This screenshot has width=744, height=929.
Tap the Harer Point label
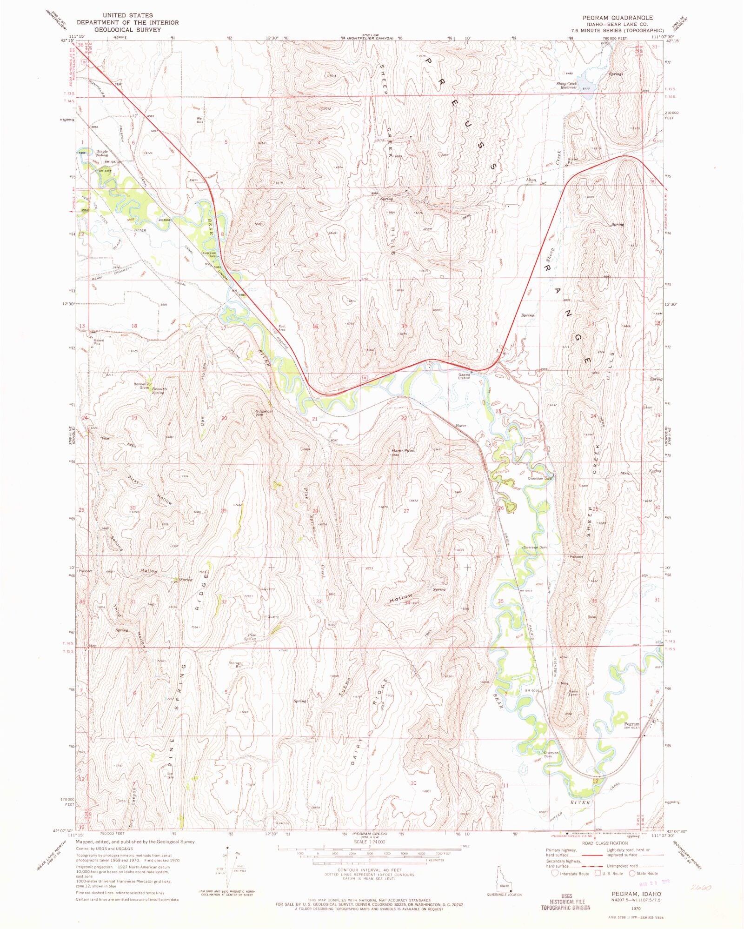pos(403,450)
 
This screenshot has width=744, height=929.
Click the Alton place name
pos(531,180)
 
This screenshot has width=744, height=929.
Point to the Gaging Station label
pos(464,376)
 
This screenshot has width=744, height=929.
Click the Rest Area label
pos(282,328)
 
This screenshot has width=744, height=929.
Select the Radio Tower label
pos(573,693)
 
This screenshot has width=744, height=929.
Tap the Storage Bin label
pos(235,665)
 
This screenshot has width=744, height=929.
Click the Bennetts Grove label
pos(141,386)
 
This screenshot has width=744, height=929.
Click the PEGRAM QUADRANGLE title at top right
pos(618,17)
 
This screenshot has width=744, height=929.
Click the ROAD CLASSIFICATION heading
pos(604,843)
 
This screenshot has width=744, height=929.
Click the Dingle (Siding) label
pos(102,153)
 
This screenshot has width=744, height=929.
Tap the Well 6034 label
pos(200,120)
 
